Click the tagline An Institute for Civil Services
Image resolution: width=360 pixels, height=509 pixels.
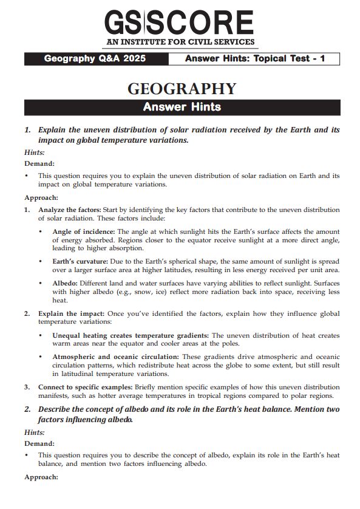(x=179, y=42)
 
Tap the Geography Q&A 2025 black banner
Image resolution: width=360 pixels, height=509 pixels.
(x=95, y=60)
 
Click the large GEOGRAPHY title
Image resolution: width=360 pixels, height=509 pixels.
(x=182, y=89)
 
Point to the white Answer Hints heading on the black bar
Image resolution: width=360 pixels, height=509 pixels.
(x=182, y=108)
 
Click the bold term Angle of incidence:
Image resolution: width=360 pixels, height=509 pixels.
(x=84, y=232)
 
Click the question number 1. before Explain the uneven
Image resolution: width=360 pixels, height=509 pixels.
(x=28, y=130)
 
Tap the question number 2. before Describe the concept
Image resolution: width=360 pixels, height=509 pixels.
(x=28, y=409)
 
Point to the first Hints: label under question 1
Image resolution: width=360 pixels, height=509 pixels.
(x=35, y=152)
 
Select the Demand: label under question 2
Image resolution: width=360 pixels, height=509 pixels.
(x=39, y=443)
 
